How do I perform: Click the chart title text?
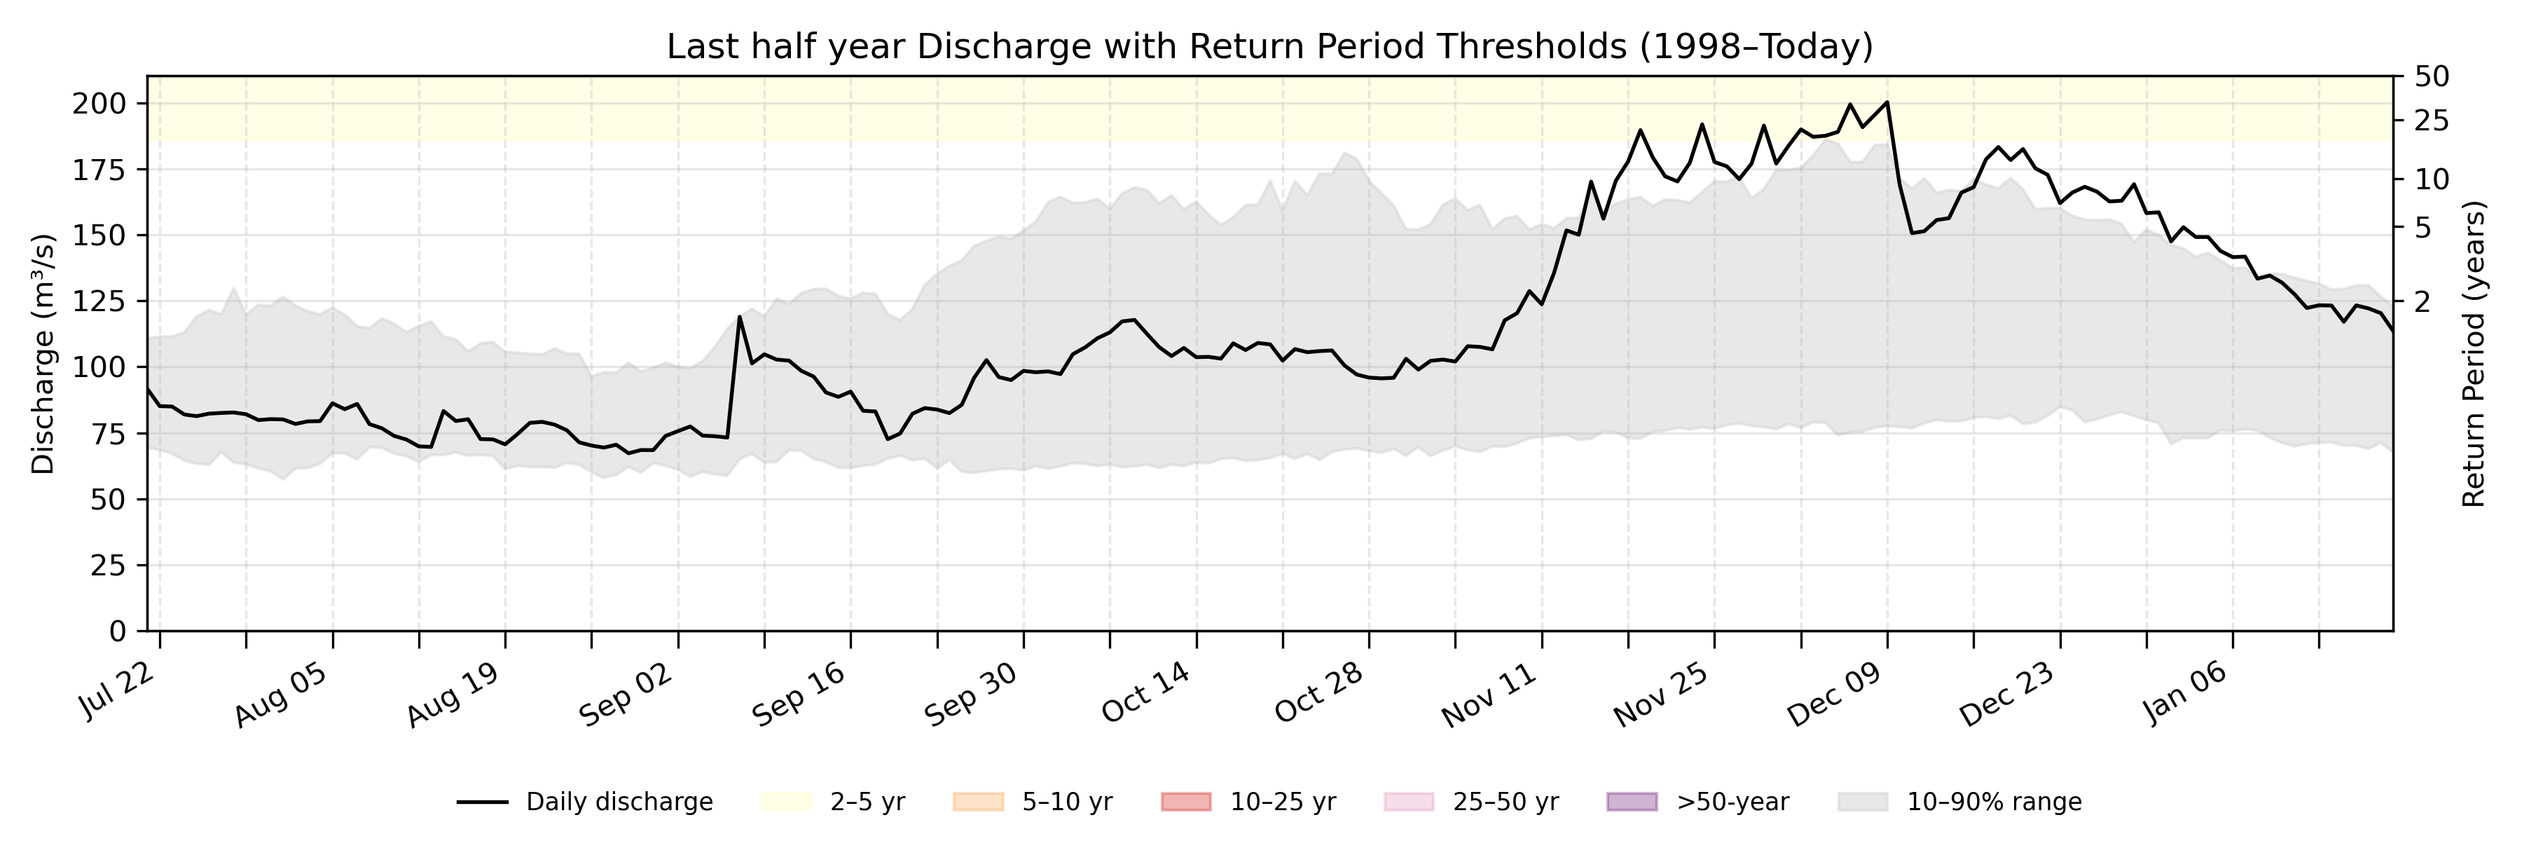1269,46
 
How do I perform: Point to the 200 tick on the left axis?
98,104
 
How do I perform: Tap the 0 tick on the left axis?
118,631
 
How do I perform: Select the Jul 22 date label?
119,690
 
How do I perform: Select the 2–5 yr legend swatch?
786,802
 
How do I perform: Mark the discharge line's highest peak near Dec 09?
1887,102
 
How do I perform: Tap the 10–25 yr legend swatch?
1185,802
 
